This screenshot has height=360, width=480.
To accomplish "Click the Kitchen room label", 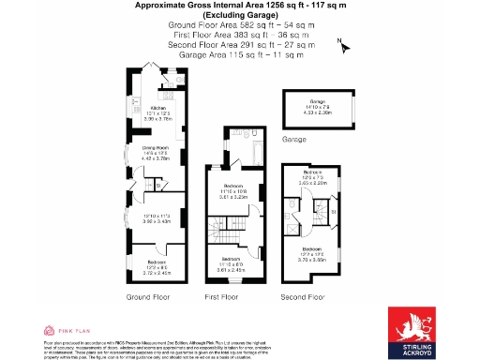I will click(145, 108).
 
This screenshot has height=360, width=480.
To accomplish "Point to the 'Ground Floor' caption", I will click(151, 296).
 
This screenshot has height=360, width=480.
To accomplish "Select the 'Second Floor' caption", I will click(302, 296).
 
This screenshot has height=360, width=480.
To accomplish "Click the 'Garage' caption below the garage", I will click(294, 139).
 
